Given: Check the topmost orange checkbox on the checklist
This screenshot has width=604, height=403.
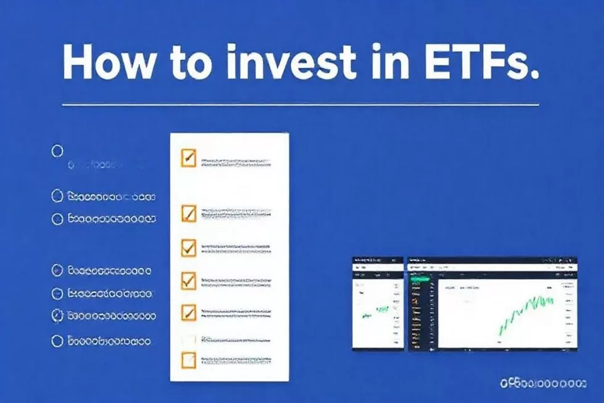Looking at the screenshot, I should (x=188, y=158).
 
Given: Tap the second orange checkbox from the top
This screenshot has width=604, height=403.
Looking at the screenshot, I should (x=188, y=214).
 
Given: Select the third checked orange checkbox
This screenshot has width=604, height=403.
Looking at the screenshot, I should (x=188, y=247).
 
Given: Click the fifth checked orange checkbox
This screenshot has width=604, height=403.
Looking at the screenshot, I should (x=188, y=312).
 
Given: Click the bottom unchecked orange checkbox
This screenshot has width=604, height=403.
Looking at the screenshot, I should (x=188, y=360).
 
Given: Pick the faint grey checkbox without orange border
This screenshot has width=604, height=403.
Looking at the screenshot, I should (x=188, y=338).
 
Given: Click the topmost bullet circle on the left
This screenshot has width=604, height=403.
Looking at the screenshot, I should (x=57, y=151).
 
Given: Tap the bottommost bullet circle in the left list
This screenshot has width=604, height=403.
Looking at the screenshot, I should (x=57, y=341).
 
